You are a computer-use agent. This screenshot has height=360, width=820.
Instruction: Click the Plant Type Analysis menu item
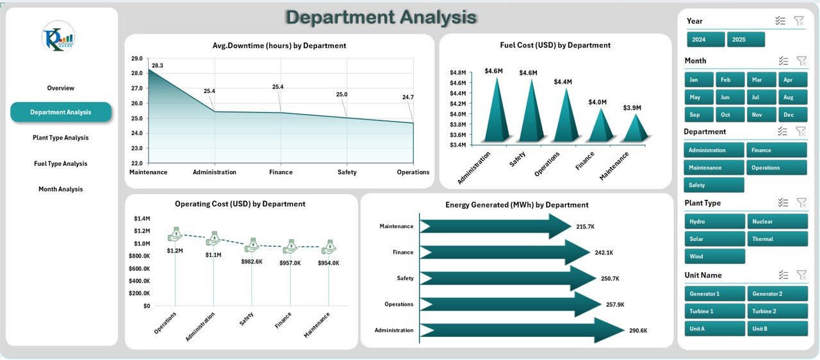click(x=61, y=138)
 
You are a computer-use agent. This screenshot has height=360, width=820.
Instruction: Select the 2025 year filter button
click(x=746, y=40)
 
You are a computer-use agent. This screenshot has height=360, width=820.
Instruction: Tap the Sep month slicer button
click(x=694, y=115)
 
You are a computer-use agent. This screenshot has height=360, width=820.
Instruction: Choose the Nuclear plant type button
click(x=777, y=222)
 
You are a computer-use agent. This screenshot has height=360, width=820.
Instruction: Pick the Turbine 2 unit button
click(x=777, y=311)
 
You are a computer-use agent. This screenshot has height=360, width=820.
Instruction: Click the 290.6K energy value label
click(x=638, y=331)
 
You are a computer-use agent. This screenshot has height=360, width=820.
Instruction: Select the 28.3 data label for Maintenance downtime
click(x=158, y=65)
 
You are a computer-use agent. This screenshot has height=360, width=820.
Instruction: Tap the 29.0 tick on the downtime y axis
click(x=136, y=58)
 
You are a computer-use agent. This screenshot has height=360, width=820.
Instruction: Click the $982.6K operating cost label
click(x=252, y=262)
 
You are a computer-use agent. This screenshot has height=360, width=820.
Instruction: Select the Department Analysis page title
click(x=381, y=17)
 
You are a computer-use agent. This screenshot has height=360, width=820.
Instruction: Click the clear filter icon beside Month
click(x=800, y=61)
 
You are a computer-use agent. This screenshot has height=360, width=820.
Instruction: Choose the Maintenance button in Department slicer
click(x=714, y=168)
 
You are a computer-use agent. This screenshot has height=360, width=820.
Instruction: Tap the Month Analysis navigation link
click(x=61, y=190)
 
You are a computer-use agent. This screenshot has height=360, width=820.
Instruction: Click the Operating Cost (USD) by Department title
click(x=240, y=204)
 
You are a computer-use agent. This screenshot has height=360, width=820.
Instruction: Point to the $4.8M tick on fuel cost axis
click(x=457, y=72)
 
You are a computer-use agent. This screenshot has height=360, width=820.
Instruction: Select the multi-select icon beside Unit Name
click(x=782, y=275)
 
